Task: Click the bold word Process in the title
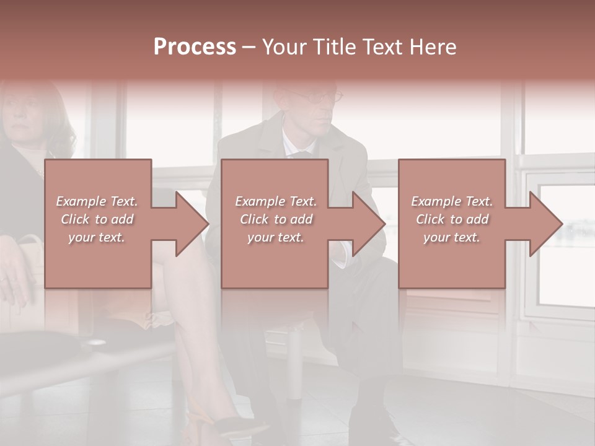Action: click(x=195, y=47)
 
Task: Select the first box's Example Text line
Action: click(x=97, y=201)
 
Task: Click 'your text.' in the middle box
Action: click(x=275, y=237)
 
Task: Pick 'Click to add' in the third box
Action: click(x=452, y=219)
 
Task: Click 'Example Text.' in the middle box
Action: click(x=275, y=201)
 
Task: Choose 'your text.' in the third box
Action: click(x=452, y=237)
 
